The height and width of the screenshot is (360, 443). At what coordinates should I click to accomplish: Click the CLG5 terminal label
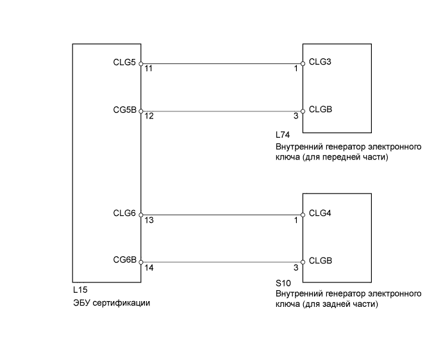click(124, 63)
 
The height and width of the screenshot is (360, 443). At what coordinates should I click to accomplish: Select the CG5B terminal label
click(124, 110)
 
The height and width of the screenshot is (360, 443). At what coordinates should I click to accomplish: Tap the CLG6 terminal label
click(124, 213)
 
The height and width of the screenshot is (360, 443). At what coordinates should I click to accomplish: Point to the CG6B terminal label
click(124, 260)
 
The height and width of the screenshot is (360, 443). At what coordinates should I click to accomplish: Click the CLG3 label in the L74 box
click(320, 62)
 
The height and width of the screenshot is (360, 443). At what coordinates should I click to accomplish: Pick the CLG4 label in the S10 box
click(320, 213)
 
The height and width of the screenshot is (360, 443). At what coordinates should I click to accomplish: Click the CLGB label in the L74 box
click(320, 110)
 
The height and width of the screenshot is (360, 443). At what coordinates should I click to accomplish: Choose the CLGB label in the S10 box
click(320, 261)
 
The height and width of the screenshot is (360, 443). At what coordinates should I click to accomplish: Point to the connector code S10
click(282, 282)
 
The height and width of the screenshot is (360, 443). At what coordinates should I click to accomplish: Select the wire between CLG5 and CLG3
click(221, 64)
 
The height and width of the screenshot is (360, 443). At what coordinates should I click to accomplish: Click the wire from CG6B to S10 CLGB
click(221, 262)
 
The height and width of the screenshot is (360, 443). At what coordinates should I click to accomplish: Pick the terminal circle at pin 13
click(141, 215)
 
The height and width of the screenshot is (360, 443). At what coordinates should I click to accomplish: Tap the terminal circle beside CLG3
click(303, 64)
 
